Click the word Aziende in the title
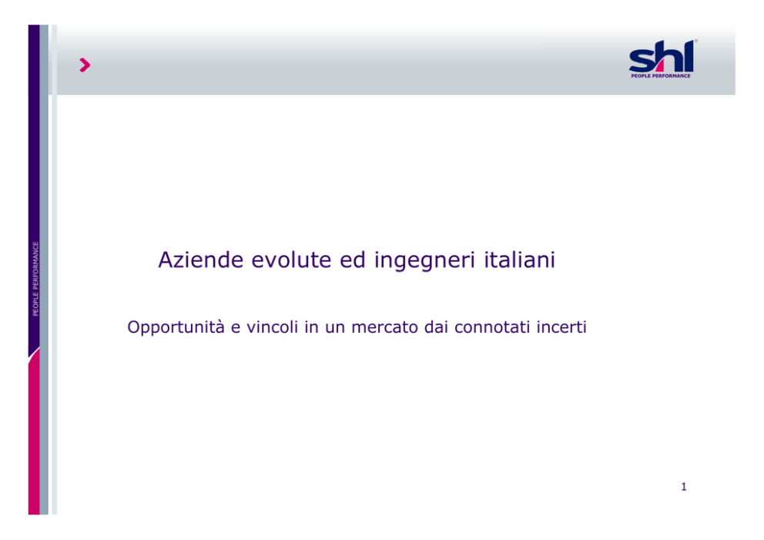(201, 260)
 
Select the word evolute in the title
(291, 260)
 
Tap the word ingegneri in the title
(424, 260)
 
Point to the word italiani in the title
(519, 260)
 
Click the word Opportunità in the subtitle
(176, 327)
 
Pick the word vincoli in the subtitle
(272, 327)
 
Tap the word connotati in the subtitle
(491, 327)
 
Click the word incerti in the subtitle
(561, 327)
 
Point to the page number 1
(684, 486)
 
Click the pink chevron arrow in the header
(85, 65)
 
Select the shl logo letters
(662, 56)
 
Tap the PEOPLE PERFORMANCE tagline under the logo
(661, 75)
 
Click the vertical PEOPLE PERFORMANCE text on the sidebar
(35, 279)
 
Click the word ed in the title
(353, 260)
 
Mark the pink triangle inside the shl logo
(657, 65)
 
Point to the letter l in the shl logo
(688, 55)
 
